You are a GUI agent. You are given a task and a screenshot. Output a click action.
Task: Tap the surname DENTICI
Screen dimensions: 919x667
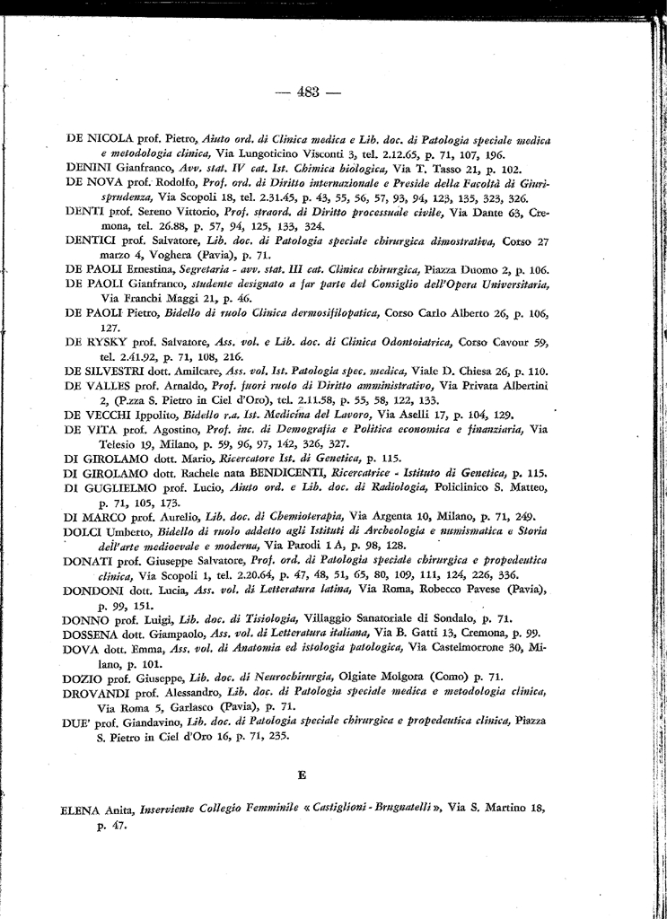[92, 241]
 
